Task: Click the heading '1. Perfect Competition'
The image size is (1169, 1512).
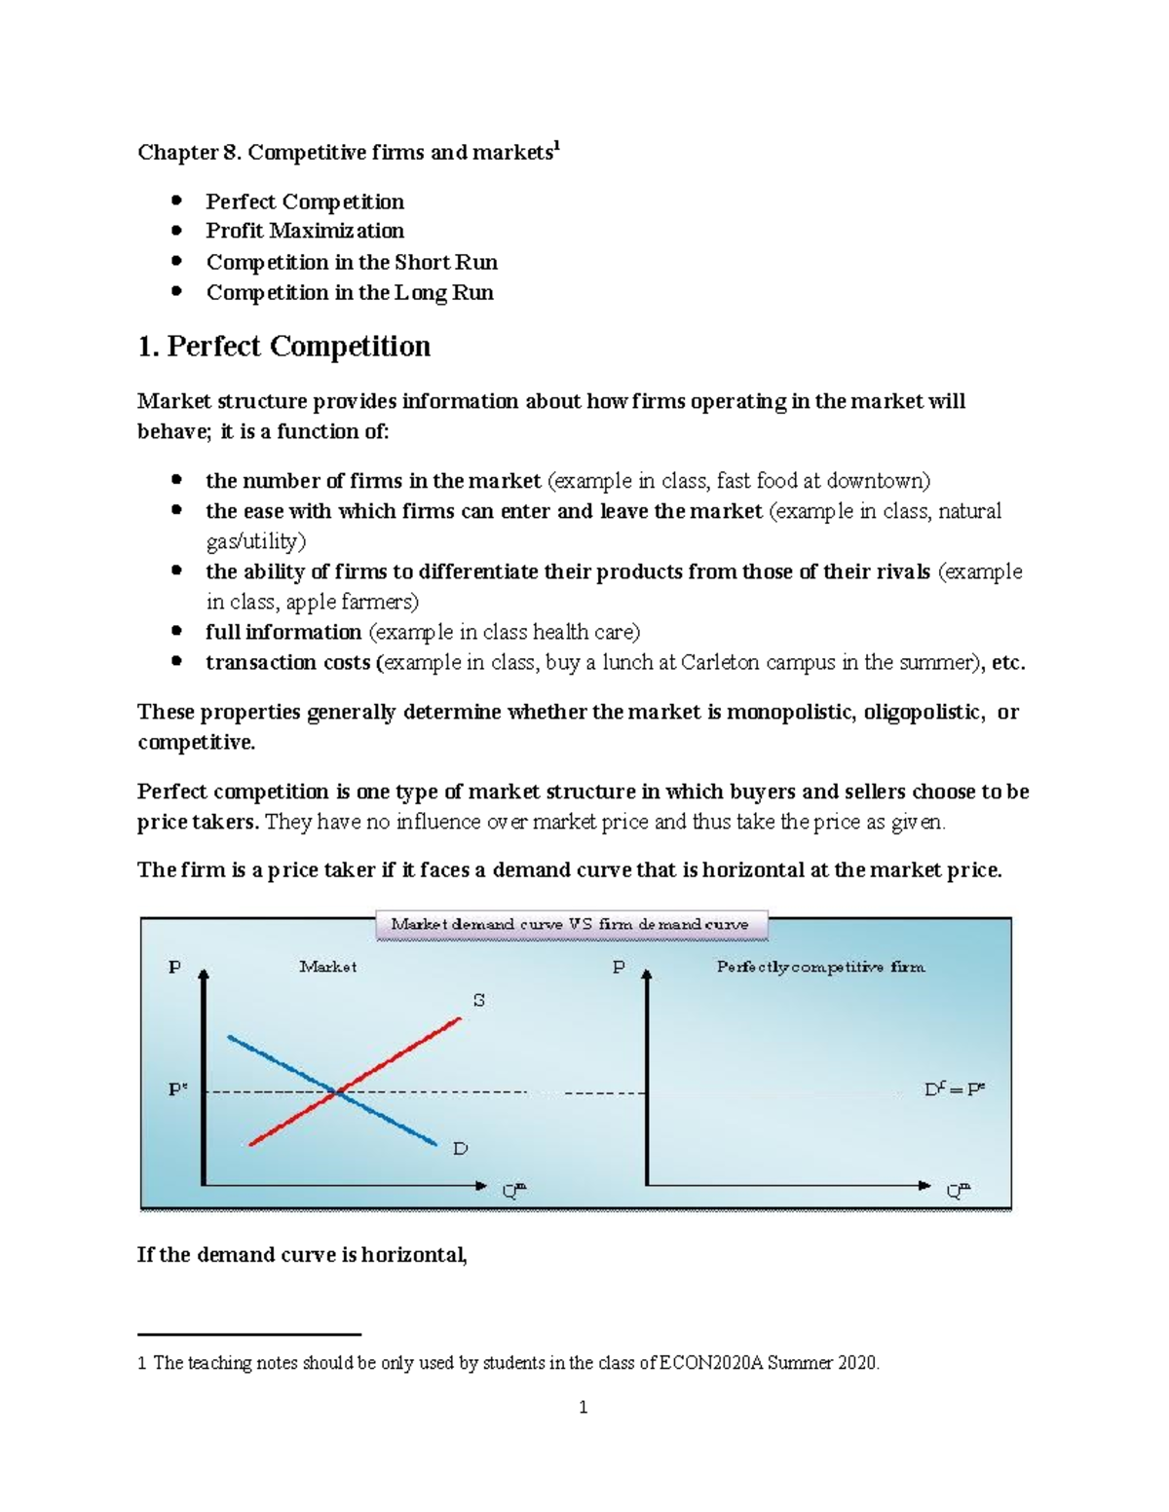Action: pos(283,348)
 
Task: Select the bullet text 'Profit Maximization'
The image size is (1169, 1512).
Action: pos(304,232)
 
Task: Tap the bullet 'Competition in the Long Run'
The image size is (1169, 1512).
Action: pos(349,293)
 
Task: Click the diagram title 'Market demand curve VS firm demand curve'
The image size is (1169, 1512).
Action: pos(571,925)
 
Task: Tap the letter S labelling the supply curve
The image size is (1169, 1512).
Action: pos(478,1000)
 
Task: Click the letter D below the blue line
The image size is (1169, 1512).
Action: pos(460,1149)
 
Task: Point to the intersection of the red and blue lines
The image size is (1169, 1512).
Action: pos(336,1093)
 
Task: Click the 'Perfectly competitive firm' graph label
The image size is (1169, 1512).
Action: pos(820,968)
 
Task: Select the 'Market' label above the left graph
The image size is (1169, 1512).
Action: pos(327,968)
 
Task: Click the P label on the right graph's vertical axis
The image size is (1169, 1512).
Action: pos(619,968)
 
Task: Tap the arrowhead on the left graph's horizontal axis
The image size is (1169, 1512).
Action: pos(480,1185)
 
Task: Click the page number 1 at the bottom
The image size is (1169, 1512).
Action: pos(583,1407)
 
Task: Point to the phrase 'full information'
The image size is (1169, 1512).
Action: pos(283,633)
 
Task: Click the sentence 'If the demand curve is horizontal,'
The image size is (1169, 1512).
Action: pos(302,1255)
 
